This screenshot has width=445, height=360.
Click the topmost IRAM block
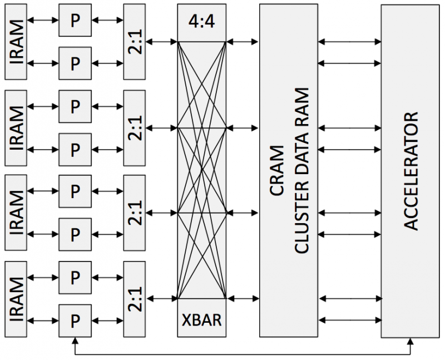click(x=16, y=42)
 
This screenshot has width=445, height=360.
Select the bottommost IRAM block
click(x=16, y=299)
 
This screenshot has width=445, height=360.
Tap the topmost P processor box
click(x=75, y=20)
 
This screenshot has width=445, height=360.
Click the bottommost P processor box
click(x=75, y=321)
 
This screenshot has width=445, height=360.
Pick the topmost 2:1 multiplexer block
click(x=135, y=42)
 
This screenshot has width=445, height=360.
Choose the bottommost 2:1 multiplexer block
click(x=135, y=299)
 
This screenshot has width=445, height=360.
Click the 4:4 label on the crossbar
click(x=202, y=21)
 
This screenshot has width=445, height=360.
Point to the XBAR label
click(x=202, y=320)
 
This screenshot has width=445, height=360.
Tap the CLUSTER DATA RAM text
click(x=301, y=170)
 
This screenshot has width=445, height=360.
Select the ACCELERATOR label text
click(x=411, y=171)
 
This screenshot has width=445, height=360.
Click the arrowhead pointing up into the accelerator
click(x=410, y=341)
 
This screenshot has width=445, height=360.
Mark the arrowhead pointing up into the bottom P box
click(x=75, y=341)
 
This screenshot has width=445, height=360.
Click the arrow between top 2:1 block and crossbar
click(x=161, y=42)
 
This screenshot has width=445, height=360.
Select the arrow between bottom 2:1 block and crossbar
click(x=161, y=298)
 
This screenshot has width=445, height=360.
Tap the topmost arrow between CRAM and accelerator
click(x=350, y=42)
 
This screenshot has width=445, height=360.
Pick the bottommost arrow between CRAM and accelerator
click(x=350, y=320)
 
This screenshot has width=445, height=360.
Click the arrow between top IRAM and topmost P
click(x=43, y=20)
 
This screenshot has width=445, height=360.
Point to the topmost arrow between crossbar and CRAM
click(x=243, y=42)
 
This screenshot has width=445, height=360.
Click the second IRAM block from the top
click(x=16, y=128)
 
